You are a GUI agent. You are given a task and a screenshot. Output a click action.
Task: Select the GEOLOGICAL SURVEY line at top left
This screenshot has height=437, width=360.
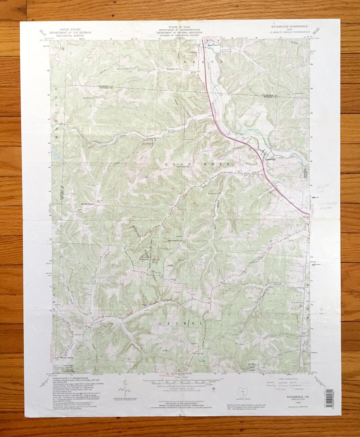[65, 35]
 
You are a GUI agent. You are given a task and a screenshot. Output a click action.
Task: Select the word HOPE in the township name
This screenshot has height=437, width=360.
[218, 164]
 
